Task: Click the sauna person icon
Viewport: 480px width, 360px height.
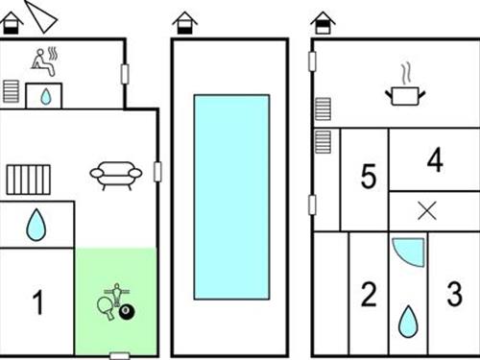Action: pyautogui.click(x=45, y=61)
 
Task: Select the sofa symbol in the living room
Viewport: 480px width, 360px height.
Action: pyautogui.click(x=116, y=176)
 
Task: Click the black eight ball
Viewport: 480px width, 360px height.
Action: pyautogui.click(x=127, y=312)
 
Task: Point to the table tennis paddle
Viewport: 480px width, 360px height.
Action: pyautogui.click(x=106, y=308)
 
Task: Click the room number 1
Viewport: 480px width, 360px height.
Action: pyautogui.click(x=38, y=302)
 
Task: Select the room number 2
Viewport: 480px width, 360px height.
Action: pyautogui.click(x=369, y=295)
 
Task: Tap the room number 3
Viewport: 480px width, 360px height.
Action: pyautogui.click(x=454, y=294)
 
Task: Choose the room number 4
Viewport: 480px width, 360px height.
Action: pyautogui.click(x=435, y=159)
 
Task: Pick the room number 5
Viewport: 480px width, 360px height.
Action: pyautogui.click(x=369, y=176)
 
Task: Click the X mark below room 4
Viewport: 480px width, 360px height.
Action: pyautogui.click(x=427, y=211)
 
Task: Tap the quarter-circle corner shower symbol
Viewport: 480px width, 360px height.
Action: pyautogui.click(x=409, y=252)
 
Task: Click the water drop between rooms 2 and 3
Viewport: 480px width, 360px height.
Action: pyautogui.click(x=408, y=322)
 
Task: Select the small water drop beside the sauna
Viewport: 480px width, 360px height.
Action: pyautogui.click(x=46, y=97)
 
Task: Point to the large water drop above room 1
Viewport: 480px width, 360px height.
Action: pyautogui.click(x=36, y=225)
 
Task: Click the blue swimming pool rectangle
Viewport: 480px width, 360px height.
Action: pyautogui.click(x=231, y=197)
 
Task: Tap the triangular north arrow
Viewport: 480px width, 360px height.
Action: pyautogui.click(x=40, y=16)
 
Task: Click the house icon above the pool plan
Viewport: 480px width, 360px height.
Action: pyautogui.click(x=184, y=23)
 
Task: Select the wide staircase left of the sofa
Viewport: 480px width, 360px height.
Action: pyautogui.click(x=29, y=180)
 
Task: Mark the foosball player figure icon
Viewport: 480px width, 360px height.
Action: pyautogui.click(x=117, y=294)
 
